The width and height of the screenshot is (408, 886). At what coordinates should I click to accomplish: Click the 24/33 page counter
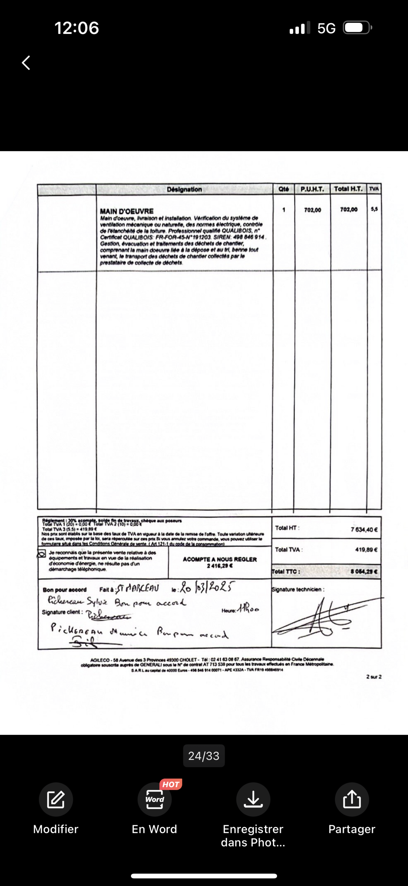click(204, 756)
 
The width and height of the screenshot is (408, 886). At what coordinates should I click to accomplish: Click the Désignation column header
click(184, 189)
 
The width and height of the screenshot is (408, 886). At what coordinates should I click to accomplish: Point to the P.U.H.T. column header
click(312, 189)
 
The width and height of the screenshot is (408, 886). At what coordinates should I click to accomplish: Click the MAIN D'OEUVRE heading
click(127, 211)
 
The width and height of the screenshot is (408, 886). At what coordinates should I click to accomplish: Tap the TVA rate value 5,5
click(374, 209)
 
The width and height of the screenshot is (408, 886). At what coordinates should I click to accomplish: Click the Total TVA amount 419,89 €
click(366, 550)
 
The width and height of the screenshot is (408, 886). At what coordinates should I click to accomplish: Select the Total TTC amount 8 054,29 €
click(364, 572)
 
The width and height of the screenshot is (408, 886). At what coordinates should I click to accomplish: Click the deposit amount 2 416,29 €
click(220, 566)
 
